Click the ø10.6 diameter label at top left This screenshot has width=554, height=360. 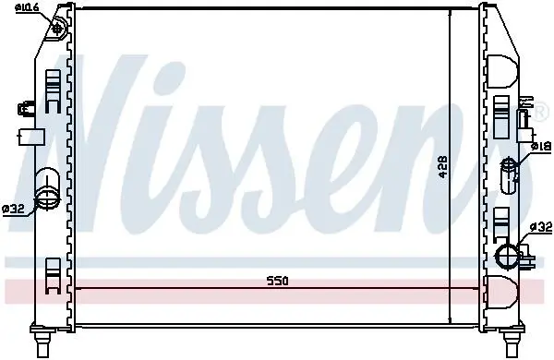(x=27, y=7)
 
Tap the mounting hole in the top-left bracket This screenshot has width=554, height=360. (x=56, y=29)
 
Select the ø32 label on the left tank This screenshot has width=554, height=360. (x=13, y=210)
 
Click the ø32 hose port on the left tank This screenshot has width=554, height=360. (x=47, y=188)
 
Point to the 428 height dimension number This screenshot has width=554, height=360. (x=443, y=167)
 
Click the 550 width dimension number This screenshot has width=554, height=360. (x=277, y=282)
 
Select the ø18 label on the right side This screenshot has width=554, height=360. (x=542, y=146)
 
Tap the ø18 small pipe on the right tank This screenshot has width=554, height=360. (x=510, y=174)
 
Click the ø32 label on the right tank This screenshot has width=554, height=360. (x=541, y=227)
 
